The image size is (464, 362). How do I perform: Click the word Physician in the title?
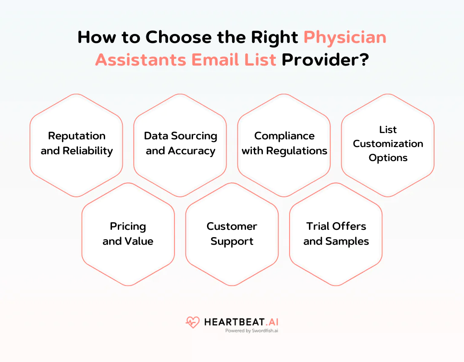click(x=345, y=37)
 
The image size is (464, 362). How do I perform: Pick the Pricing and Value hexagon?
click(x=128, y=234)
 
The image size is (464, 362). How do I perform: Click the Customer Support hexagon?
click(x=232, y=234)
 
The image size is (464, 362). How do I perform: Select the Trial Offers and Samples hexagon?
click(x=336, y=234)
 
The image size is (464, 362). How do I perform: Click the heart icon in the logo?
click(x=193, y=323)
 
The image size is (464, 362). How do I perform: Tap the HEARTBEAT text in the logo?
click(x=231, y=322)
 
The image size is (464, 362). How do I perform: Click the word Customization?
click(x=388, y=144)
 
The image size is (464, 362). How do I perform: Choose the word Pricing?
click(x=128, y=226)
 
